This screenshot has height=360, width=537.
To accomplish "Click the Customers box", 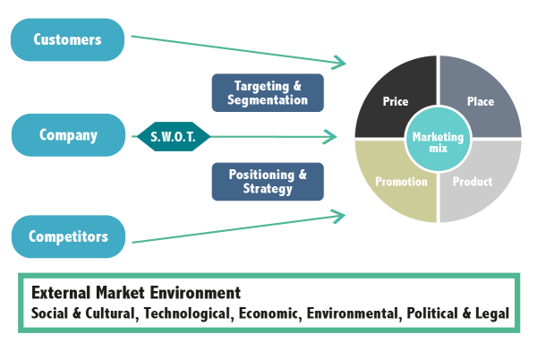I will click(x=67, y=39).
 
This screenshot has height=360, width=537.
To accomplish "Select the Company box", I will click(x=68, y=135).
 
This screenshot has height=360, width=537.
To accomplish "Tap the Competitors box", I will click(x=68, y=236).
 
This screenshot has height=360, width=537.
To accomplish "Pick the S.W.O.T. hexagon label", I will click(x=174, y=137).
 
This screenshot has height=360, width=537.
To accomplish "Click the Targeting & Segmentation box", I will click(x=268, y=92).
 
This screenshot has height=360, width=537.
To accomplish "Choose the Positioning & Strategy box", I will click(x=268, y=181).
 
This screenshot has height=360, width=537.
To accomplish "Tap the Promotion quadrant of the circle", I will click(x=394, y=182).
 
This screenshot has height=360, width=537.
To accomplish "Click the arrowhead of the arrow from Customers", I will click(x=340, y=63).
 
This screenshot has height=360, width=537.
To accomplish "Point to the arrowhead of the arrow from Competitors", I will click(x=340, y=215).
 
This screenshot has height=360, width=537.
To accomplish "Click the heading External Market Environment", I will click(x=135, y=293).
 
